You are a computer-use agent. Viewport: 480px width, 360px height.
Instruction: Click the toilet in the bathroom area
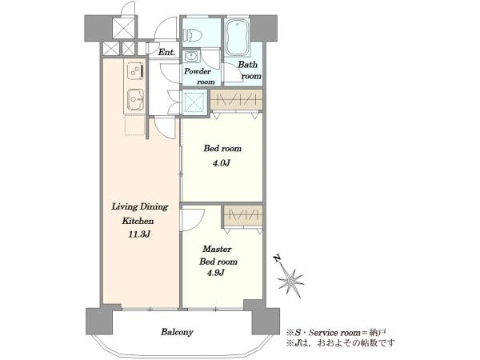click(193, 35)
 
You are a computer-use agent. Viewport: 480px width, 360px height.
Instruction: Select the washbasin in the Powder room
click(192, 57)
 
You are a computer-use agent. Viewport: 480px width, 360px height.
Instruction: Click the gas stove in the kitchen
click(135, 71)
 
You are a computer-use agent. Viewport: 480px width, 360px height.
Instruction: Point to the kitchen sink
click(135, 99)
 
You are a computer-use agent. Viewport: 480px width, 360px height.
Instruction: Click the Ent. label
click(166, 52)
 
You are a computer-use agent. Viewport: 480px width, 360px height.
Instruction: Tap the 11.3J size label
click(139, 234)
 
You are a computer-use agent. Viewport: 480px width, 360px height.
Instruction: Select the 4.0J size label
click(222, 163)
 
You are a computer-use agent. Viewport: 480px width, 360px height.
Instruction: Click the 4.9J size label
click(216, 273)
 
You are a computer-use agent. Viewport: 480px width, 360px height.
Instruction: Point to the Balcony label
click(177, 332)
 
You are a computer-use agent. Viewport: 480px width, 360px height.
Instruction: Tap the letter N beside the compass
click(277, 259)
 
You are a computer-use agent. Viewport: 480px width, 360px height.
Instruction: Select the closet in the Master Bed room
click(243, 216)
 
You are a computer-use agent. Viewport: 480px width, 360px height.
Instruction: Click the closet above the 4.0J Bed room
click(236, 99)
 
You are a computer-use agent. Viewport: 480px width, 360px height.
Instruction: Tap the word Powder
click(198, 72)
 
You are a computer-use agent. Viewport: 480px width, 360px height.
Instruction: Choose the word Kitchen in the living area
click(138, 221)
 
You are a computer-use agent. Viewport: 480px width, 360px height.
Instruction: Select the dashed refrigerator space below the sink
click(134, 125)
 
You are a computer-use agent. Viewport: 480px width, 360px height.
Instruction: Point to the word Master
click(217, 249)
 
